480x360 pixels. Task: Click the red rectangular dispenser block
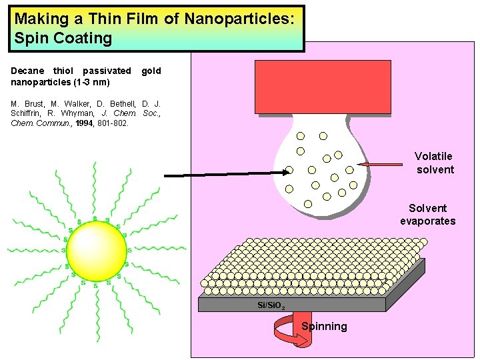coord(323,87)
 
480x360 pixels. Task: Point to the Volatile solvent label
coord(433,163)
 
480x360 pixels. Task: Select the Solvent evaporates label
coord(427,215)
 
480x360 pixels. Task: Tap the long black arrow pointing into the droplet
coord(227,173)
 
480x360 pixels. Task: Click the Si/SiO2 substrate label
coord(271,306)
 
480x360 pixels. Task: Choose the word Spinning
coord(324,326)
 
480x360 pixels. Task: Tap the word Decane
coord(28,71)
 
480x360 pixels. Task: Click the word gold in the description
coord(151,71)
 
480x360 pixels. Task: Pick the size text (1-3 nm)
coord(91,82)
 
